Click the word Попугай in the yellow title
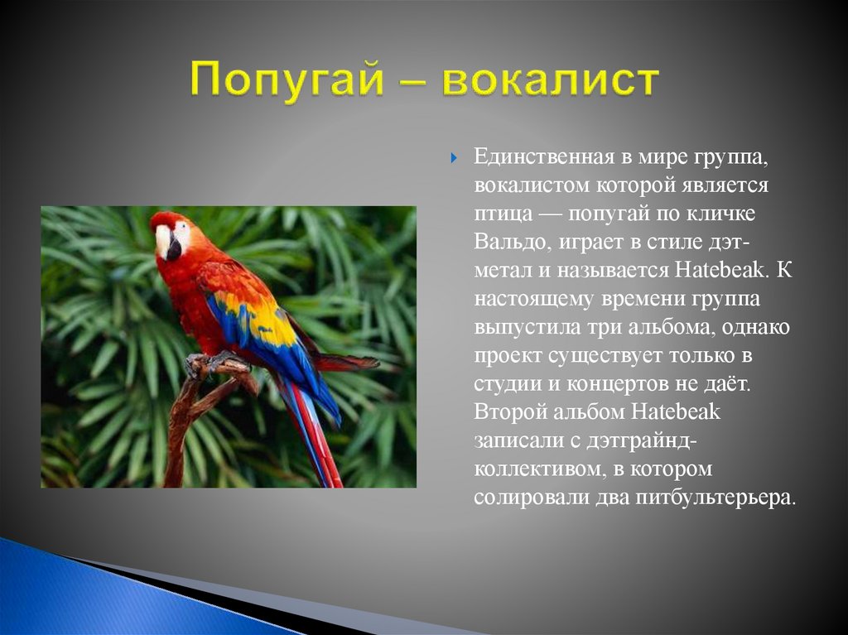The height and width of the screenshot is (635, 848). pyautogui.click(x=287, y=80)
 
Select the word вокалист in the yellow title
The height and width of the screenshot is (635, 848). pyautogui.click(x=551, y=80)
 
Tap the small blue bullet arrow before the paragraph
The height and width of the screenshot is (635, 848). pyautogui.click(x=454, y=158)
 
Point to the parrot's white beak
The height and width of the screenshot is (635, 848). pyautogui.click(x=163, y=241)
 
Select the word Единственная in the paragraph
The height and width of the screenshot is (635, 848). pyautogui.click(x=543, y=156)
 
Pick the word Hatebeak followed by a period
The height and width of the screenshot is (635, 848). pyautogui.click(x=721, y=270)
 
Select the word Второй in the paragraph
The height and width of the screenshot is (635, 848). pyautogui.click(x=510, y=412)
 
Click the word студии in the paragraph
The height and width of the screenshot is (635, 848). pyautogui.click(x=507, y=385)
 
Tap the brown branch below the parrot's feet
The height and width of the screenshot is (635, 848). pyautogui.click(x=184, y=422)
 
